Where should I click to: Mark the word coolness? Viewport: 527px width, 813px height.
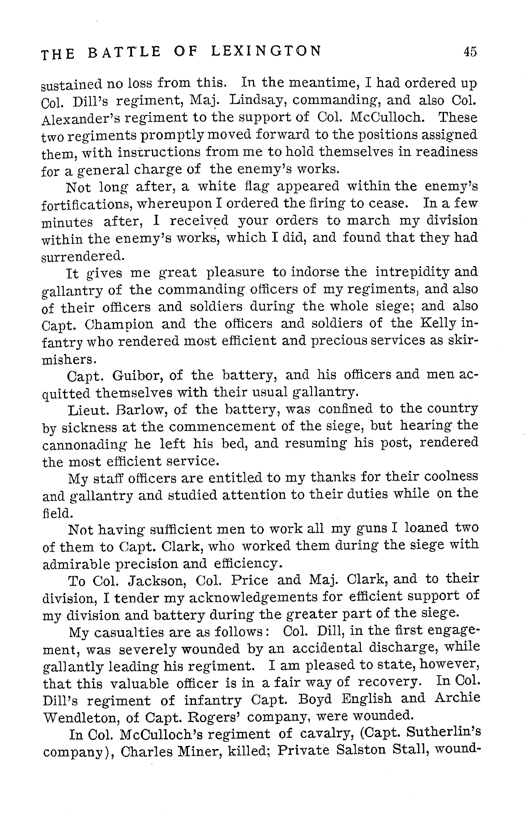point(448,477)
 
